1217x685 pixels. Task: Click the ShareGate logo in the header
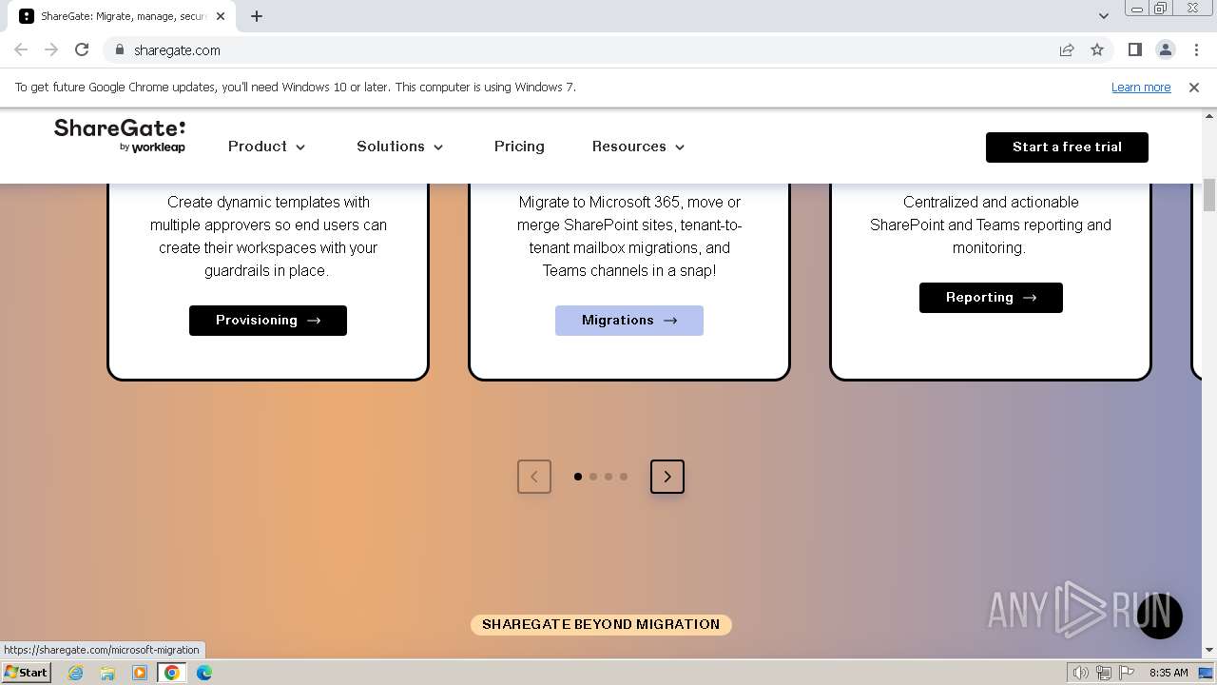pos(120,135)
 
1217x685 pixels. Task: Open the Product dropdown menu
pos(266,147)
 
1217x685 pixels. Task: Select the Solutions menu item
pos(399,147)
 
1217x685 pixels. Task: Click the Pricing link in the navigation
pos(519,147)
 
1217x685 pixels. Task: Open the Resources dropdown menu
pos(638,147)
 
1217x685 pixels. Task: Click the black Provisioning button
pos(268,321)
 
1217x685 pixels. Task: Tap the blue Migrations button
pos(629,321)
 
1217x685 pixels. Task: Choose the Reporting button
pos(991,298)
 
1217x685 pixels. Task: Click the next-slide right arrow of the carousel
pos(667,477)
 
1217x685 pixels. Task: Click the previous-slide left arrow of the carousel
pos(534,477)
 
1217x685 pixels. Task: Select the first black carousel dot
pos(578,477)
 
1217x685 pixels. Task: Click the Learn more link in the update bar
pos(1141,88)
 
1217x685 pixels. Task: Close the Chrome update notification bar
pos(1194,88)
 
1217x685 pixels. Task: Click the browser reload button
pos(82,49)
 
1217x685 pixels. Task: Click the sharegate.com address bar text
pos(178,50)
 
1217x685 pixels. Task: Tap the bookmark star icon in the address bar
pos(1097,49)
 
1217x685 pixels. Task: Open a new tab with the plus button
pos(257,16)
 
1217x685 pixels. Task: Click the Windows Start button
pos(26,673)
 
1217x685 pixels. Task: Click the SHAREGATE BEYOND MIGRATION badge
pos(601,625)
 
